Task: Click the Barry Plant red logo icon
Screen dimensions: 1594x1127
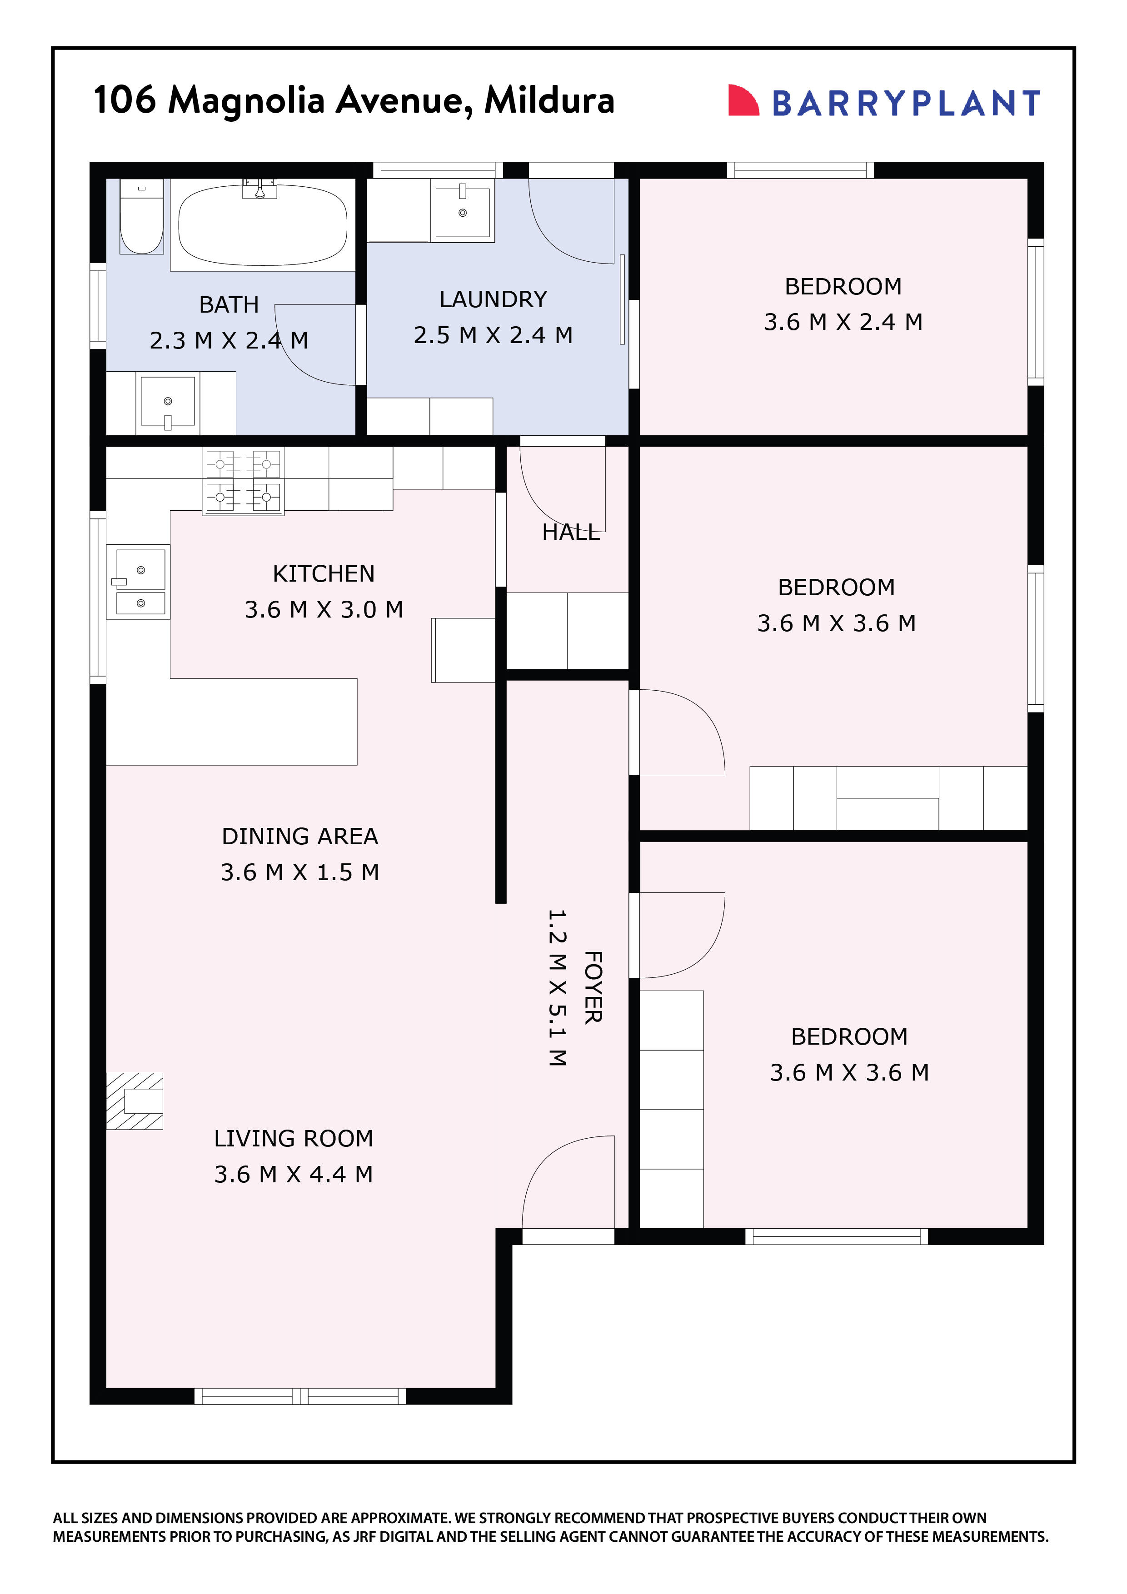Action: pyautogui.click(x=742, y=101)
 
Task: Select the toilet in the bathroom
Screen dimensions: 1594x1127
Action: pyautogui.click(x=142, y=217)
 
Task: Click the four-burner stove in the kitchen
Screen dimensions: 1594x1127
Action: pyautogui.click(x=243, y=480)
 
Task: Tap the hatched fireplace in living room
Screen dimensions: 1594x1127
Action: pyautogui.click(x=135, y=1101)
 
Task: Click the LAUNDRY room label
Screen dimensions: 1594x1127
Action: pyautogui.click(x=493, y=299)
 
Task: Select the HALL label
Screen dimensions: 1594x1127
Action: pyautogui.click(x=570, y=533)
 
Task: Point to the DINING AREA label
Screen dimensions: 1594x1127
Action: pyautogui.click(x=299, y=836)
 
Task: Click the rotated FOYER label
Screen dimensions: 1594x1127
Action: pyautogui.click(x=592, y=987)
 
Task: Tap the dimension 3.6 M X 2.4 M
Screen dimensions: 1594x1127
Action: pyautogui.click(x=843, y=322)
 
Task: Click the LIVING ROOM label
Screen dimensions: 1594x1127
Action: pyautogui.click(x=293, y=1139)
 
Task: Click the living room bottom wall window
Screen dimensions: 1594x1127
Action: pyautogui.click(x=299, y=1395)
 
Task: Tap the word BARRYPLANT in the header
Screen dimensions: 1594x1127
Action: pyautogui.click(x=906, y=104)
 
